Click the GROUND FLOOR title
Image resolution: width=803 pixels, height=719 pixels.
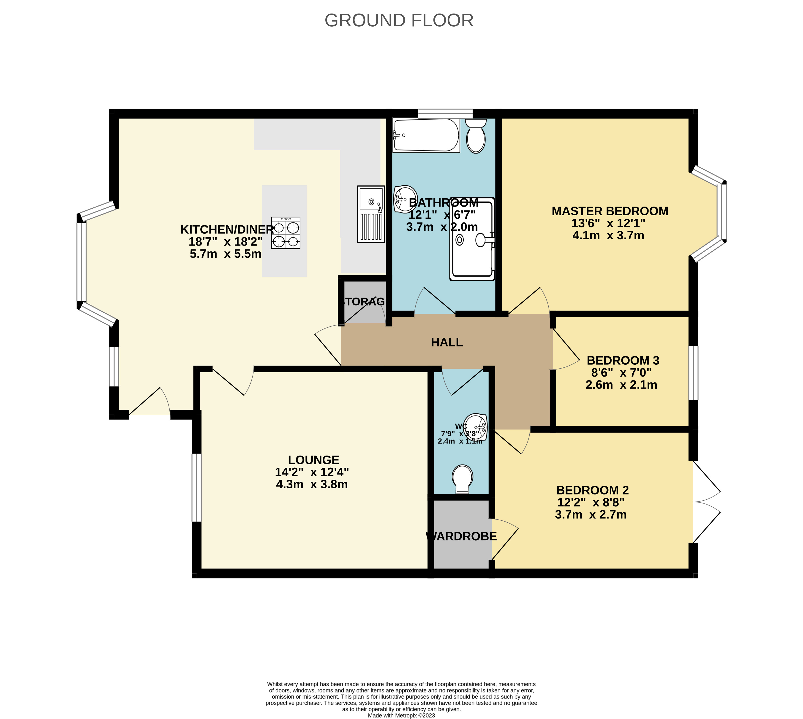(x=399, y=21)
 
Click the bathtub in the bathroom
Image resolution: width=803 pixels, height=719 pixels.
(x=426, y=135)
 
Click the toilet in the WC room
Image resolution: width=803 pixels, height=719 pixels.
(x=463, y=478)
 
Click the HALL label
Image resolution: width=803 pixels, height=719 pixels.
(x=447, y=342)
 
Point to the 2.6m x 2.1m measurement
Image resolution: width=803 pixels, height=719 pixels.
(x=621, y=385)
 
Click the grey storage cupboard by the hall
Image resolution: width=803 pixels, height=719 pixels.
(x=363, y=302)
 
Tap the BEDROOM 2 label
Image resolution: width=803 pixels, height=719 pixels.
(x=592, y=490)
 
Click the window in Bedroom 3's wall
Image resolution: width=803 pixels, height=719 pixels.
(x=693, y=373)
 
